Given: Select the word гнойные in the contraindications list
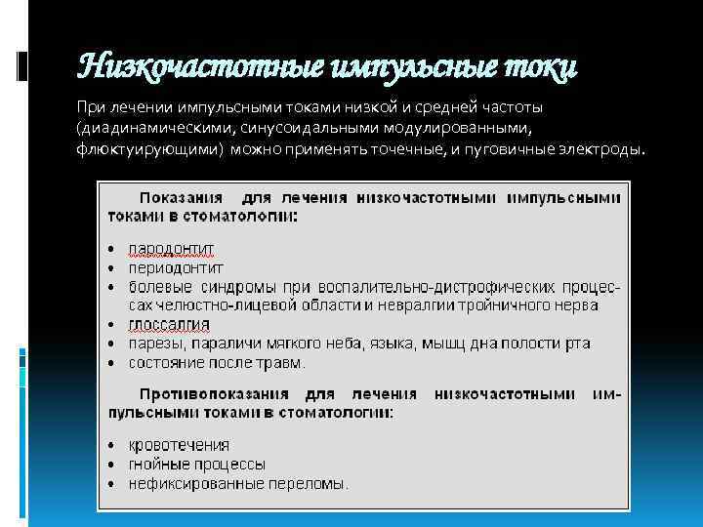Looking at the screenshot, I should (159, 465).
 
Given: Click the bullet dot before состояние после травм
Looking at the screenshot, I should (113, 363).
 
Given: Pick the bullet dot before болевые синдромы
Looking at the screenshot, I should (113, 287).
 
